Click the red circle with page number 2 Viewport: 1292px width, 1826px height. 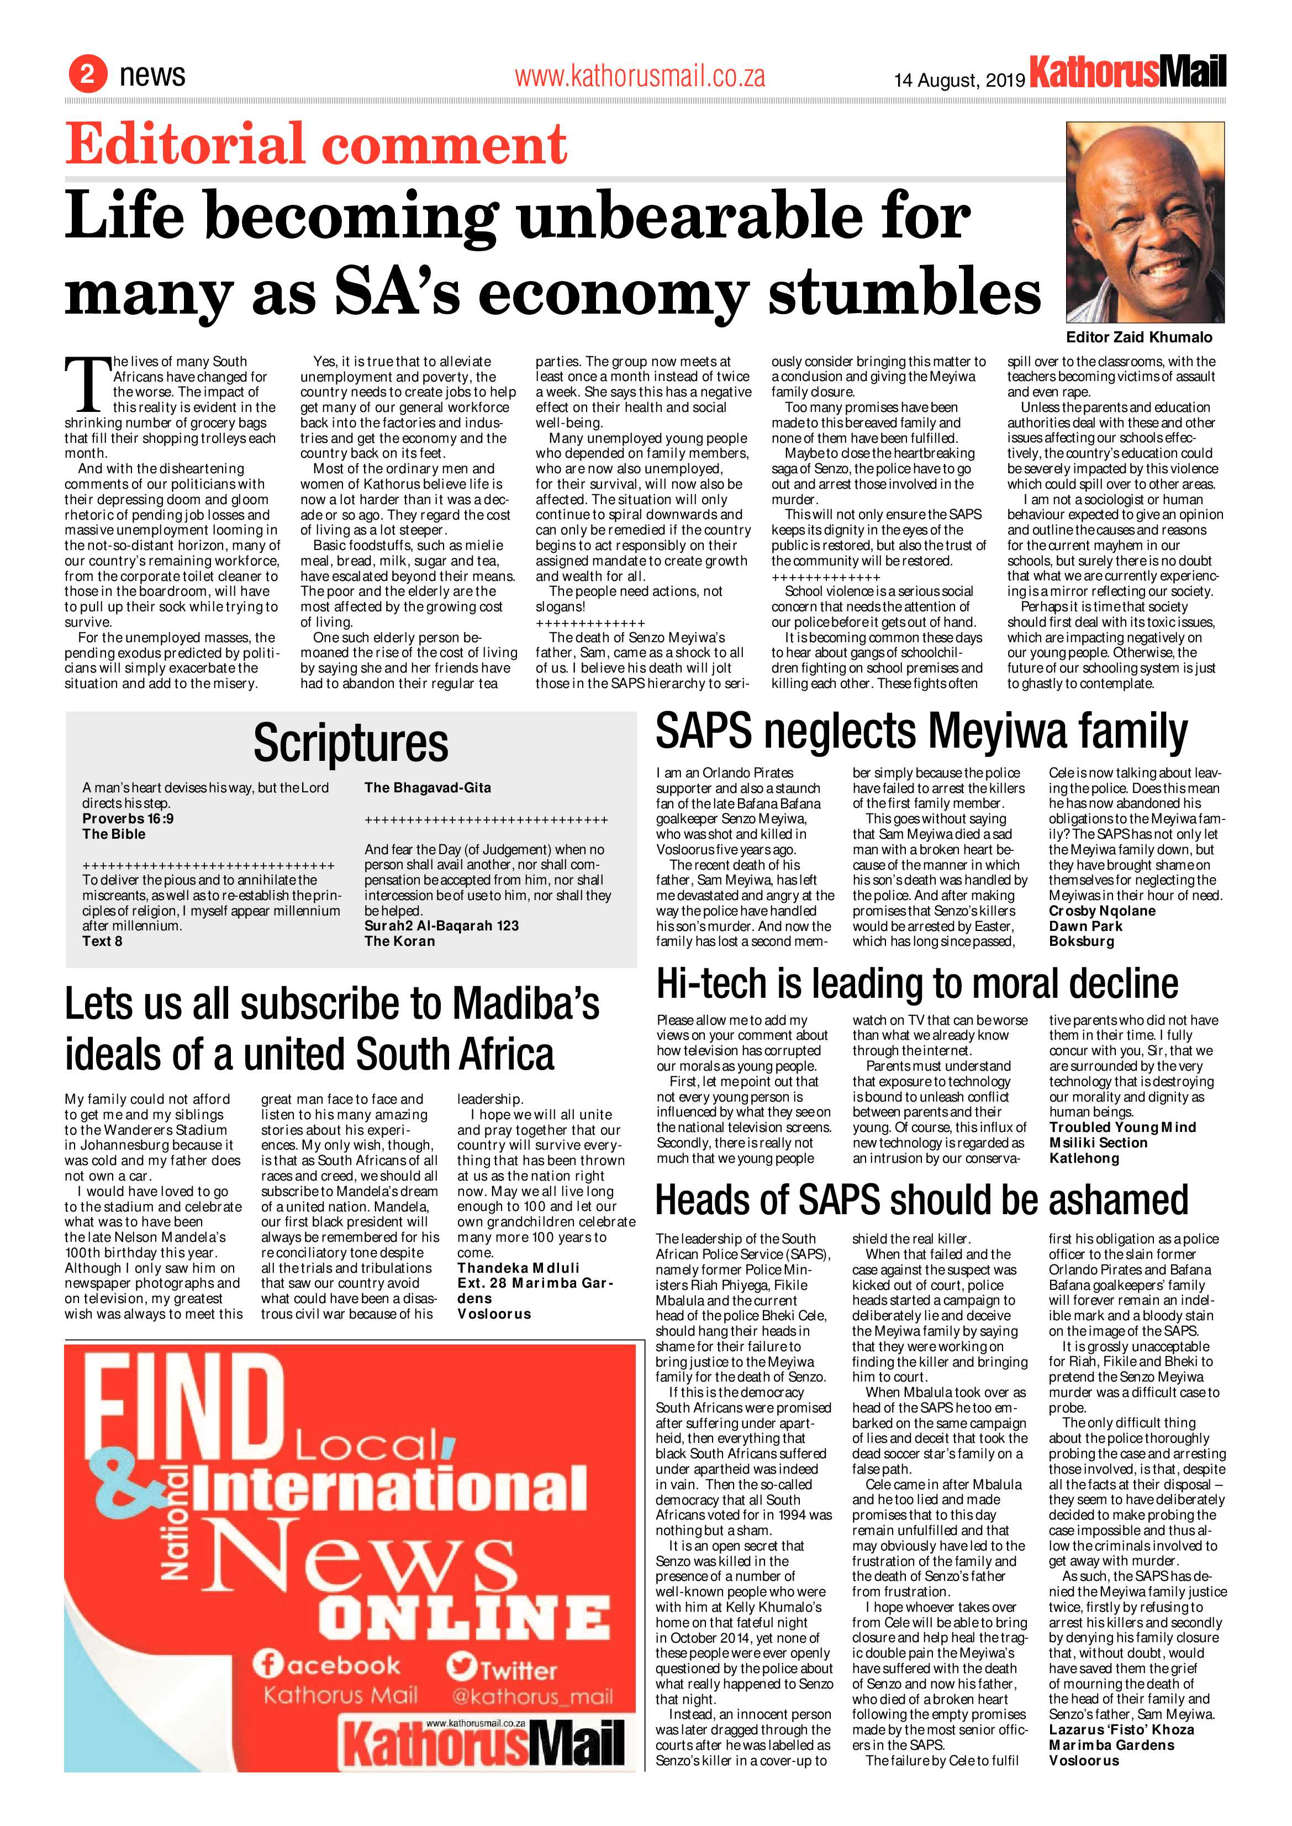click(87, 74)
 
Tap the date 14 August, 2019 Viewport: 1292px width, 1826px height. click(959, 80)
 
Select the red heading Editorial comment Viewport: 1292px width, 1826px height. click(316, 145)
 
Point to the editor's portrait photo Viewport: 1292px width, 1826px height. click(1144, 222)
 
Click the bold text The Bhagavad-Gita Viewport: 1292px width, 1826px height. click(427, 787)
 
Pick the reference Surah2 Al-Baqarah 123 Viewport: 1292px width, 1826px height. click(441, 926)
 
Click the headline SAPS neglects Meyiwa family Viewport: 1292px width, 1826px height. click(921, 731)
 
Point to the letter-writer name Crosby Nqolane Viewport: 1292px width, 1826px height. click(1102, 911)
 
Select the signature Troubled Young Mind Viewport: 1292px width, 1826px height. click(1122, 1127)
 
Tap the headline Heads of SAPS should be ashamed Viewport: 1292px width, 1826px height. click(921, 1199)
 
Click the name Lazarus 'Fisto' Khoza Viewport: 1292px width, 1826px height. click(1121, 1730)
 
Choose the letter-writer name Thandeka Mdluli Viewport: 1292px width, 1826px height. click(518, 1268)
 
